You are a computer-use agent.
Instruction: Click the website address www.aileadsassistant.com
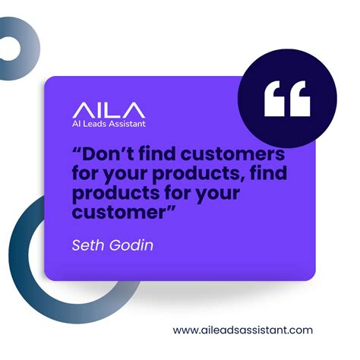[243, 330]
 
